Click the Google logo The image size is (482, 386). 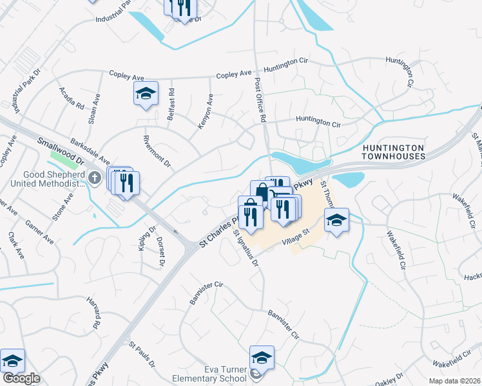tap(21, 378)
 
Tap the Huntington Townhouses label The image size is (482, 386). tap(393, 152)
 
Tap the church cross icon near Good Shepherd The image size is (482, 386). tap(95, 178)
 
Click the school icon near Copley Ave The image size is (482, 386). tap(146, 94)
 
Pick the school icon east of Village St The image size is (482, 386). tap(336, 221)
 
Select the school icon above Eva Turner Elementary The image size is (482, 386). tap(262, 357)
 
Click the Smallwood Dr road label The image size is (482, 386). tap(61, 151)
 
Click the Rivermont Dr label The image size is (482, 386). tap(157, 150)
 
